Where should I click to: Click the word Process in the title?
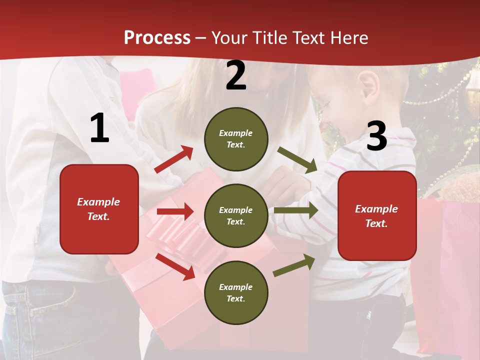coord(157,38)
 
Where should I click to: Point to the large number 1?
coord(99,128)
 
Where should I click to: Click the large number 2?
coord(236,76)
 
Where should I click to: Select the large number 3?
coord(376,136)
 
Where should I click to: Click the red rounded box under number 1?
coord(99,209)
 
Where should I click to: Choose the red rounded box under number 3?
coord(377,216)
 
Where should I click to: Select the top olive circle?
coord(236,139)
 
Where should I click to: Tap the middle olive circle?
coord(236,216)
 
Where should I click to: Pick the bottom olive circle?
coord(236,293)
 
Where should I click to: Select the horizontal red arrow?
coord(175,211)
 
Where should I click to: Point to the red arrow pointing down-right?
coord(175,266)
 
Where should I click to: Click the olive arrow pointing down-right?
coord(297,159)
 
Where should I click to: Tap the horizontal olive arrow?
coord(296,210)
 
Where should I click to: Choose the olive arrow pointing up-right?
coord(294,265)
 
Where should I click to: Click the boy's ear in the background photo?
coord(369,85)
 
